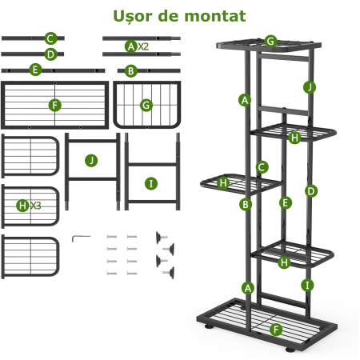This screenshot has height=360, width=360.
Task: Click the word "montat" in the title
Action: [x=215, y=16]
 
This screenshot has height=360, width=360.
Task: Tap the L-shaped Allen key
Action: [x=81, y=238]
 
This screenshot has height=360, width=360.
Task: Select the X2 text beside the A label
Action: [x=143, y=46]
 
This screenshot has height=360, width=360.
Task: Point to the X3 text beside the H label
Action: [x=35, y=206]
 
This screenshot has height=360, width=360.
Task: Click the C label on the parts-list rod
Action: [x=50, y=38]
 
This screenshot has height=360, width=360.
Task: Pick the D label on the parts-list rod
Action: [x=50, y=54]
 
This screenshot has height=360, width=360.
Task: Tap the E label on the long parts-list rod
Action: [x=35, y=70]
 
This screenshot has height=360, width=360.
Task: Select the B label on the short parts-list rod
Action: [x=130, y=71]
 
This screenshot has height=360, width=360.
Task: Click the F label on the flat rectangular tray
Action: [x=55, y=106]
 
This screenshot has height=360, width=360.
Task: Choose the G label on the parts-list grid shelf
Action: [x=146, y=106]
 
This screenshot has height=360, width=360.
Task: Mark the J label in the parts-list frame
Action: [x=91, y=161]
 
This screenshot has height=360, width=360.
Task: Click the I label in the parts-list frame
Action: [x=151, y=184]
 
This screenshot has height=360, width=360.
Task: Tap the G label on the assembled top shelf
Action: [x=270, y=42]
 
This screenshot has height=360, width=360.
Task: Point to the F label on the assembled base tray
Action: [x=276, y=330]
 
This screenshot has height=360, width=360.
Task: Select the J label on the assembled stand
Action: [x=310, y=87]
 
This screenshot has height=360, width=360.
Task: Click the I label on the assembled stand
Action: [x=307, y=286]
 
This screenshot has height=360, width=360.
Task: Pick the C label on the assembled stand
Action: [x=262, y=167]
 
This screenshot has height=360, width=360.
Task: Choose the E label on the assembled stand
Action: [x=286, y=203]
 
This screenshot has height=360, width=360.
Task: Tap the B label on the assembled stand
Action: [x=246, y=205]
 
